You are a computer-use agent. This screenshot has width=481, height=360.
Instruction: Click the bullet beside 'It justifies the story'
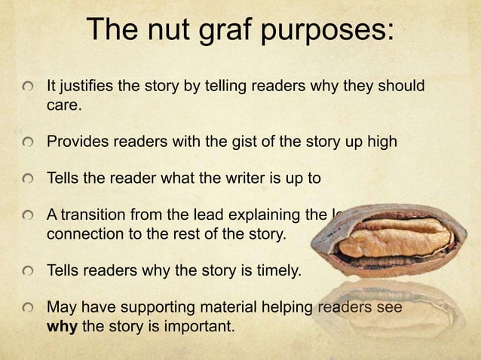(x=28, y=87)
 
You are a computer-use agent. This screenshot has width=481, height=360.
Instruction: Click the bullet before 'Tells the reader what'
(x=28, y=179)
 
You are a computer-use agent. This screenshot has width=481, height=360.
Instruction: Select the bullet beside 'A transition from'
(x=28, y=216)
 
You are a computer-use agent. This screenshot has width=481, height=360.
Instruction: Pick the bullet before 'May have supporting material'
(x=28, y=308)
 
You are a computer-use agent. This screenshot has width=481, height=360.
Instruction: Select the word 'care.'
(x=63, y=105)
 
